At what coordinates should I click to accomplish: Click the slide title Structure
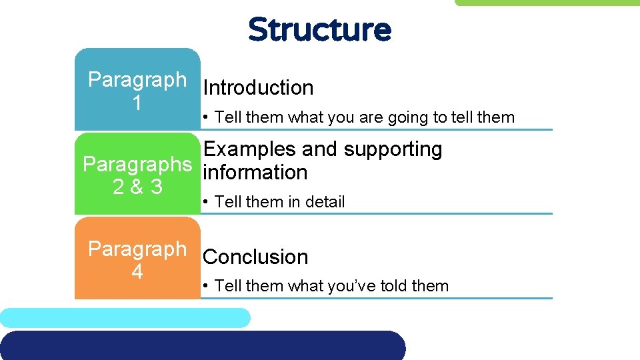(x=319, y=30)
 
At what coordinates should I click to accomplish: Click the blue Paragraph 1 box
(x=137, y=89)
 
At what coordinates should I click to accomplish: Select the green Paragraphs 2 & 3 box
(x=137, y=174)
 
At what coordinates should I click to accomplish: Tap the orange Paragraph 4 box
(x=137, y=259)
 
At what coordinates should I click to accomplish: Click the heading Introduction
(x=258, y=88)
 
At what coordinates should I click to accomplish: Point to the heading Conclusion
(x=255, y=257)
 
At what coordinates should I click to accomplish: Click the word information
(x=255, y=172)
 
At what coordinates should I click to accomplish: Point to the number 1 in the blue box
(x=137, y=103)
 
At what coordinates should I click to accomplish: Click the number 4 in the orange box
(x=137, y=272)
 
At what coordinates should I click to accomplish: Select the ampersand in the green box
(x=138, y=187)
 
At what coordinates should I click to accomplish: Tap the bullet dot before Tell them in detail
(x=208, y=202)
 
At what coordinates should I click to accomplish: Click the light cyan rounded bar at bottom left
(x=125, y=318)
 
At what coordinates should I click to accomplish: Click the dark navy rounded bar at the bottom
(x=200, y=345)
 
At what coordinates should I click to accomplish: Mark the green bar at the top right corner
(x=547, y=3)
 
